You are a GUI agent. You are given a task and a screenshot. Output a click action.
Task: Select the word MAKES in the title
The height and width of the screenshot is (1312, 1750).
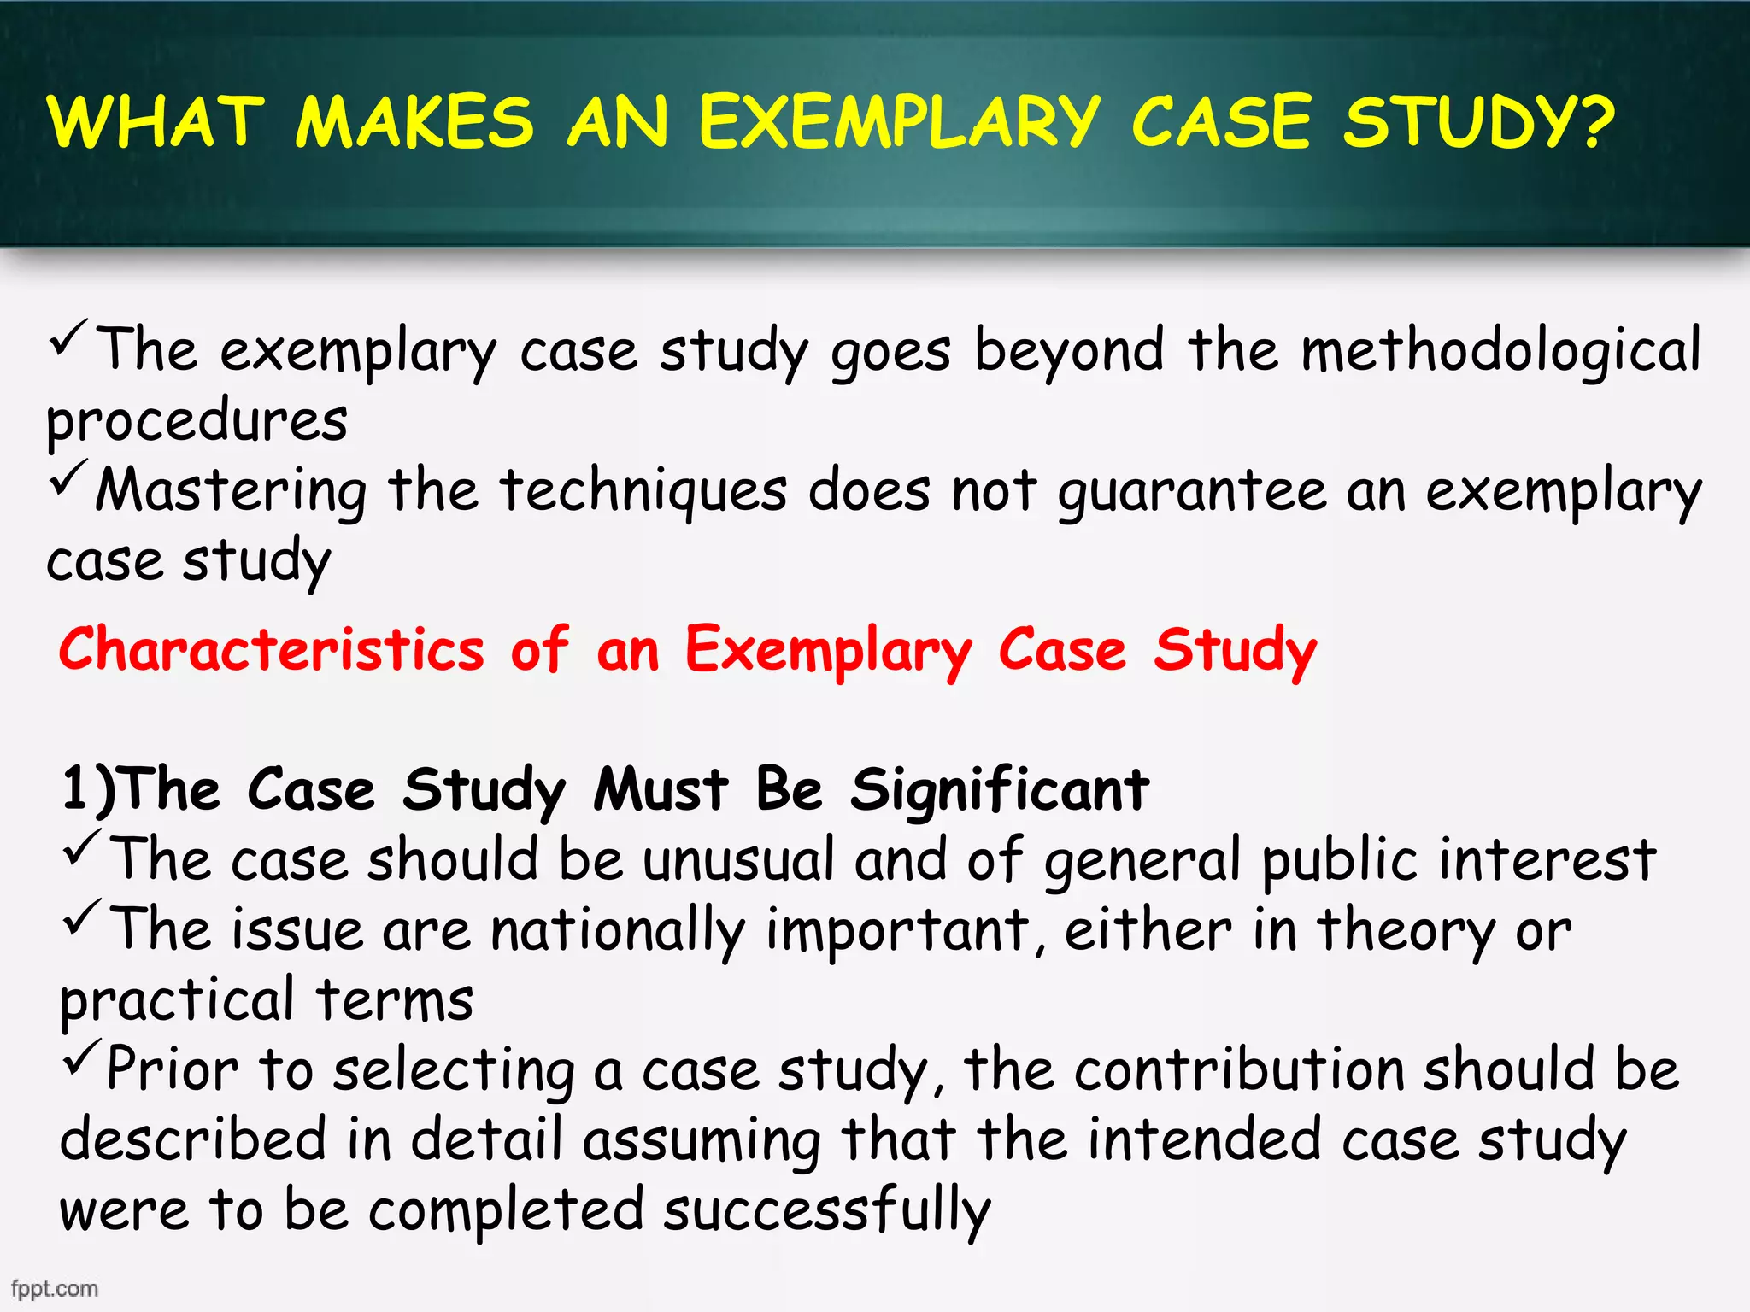click(415, 122)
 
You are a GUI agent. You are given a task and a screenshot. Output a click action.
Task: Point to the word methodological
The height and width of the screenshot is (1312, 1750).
click(1500, 350)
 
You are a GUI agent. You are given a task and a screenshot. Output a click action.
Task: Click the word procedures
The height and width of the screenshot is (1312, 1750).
click(197, 422)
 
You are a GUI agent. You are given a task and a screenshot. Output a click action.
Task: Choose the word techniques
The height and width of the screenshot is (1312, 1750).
click(643, 492)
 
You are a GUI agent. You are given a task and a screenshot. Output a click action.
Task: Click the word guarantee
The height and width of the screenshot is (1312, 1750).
click(1192, 492)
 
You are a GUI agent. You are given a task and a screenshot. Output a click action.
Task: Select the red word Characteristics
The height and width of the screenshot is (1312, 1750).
click(272, 649)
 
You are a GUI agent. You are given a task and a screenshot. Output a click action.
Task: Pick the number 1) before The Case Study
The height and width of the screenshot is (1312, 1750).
click(89, 788)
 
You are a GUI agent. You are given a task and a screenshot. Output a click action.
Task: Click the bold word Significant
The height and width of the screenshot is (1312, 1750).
click(999, 790)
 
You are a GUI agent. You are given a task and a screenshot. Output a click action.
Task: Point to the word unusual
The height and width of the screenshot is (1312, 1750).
click(738, 859)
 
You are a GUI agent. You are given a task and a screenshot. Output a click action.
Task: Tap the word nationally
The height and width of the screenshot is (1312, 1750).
click(617, 931)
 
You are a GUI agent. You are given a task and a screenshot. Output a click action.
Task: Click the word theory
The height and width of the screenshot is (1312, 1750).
click(1406, 931)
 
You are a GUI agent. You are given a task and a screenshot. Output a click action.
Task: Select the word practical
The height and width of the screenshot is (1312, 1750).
click(177, 1001)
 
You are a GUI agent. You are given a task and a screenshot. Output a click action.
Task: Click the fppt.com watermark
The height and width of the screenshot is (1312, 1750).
click(55, 1288)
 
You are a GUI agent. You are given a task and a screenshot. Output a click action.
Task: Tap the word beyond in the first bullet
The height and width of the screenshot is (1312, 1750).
click(1069, 350)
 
